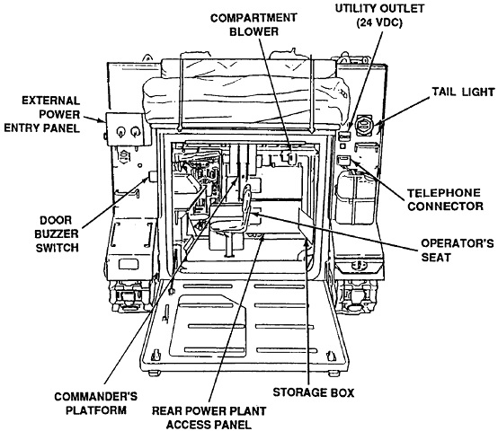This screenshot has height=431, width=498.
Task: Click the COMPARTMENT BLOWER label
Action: (x=253, y=24)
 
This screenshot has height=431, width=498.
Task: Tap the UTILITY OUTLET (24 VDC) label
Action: (x=379, y=15)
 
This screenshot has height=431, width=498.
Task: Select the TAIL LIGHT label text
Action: (x=463, y=92)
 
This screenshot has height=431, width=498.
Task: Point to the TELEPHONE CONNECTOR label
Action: (x=445, y=200)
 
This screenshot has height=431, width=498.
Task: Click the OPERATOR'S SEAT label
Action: (x=458, y=250)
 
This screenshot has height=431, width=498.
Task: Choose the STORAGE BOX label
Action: (x=314, y=392)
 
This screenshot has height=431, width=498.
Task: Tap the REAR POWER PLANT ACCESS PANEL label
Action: (x=209, y=418)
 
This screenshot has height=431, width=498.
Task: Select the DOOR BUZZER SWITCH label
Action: (x=57, y=234)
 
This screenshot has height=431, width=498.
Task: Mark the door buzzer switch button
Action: (x=153, y=176)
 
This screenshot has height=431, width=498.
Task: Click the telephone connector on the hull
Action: (x=343, y=160)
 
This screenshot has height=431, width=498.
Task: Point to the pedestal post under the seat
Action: (x=228, y=244)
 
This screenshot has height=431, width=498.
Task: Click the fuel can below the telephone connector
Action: (x=356, y=198)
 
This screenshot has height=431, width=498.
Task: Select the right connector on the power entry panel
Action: (x=136, y=131)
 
